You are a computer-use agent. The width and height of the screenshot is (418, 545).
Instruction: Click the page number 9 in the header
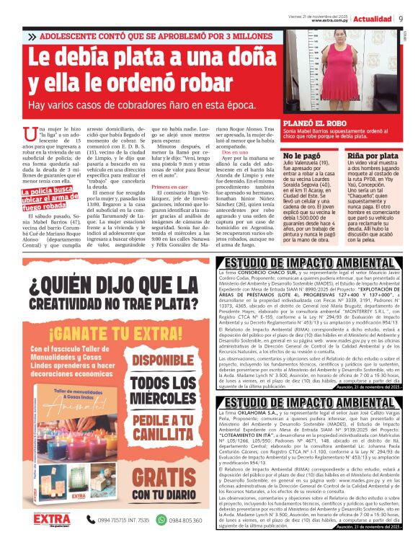(x=401, y=19)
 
